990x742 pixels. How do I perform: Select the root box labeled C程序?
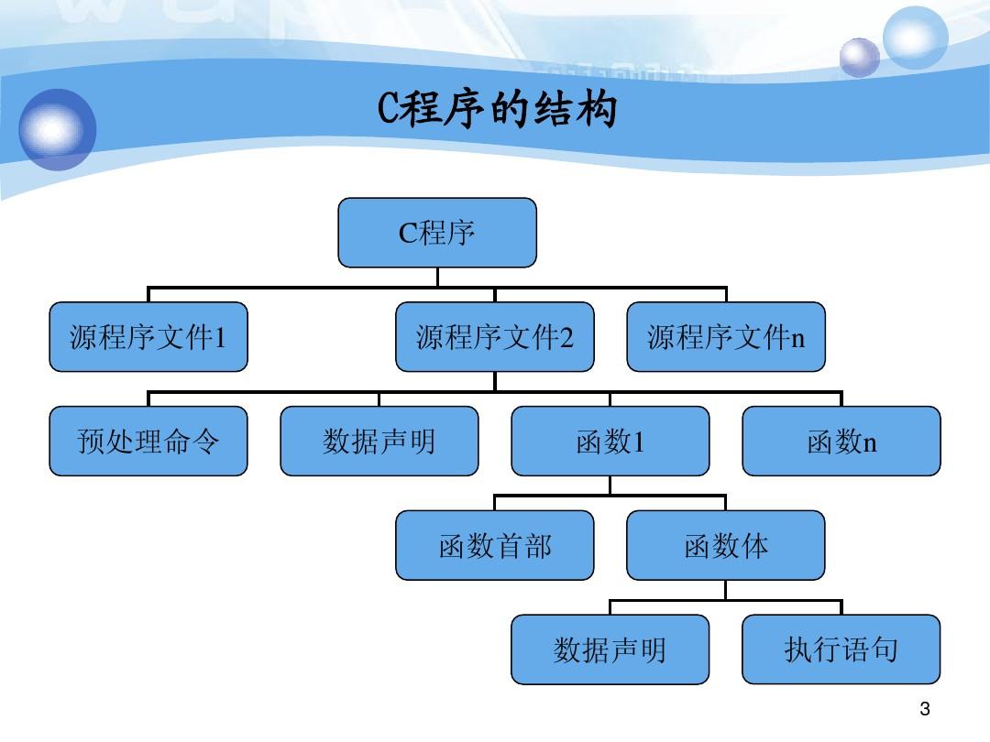coord(437,233)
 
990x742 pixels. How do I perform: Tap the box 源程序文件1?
coord(148,337)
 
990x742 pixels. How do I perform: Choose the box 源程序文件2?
coord(494,337)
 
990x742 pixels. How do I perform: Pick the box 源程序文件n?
coord(725,337)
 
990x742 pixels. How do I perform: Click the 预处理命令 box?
coord(148,442)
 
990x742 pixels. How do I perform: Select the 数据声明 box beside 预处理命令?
coord(379,442)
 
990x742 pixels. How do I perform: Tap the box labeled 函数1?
coord(610,442)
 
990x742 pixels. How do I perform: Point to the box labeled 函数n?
coord(841,442)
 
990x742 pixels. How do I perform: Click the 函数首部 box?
coord(494,546)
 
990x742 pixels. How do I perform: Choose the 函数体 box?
coord(725,546)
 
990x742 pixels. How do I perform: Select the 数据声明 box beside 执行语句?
coord(610,649)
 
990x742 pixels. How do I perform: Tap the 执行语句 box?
coord(841,649)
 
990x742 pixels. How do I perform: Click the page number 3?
coord(924,708)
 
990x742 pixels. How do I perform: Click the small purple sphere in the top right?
coord(859,57)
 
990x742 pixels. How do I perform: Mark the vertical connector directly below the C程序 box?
coord(437,278)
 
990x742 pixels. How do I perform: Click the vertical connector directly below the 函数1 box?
coord(610,486)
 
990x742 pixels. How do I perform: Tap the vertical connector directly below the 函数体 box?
coord(725,590)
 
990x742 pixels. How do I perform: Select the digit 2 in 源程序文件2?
coord(566,339)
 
